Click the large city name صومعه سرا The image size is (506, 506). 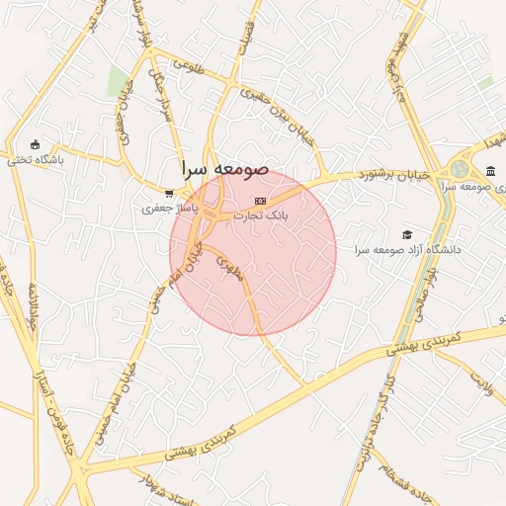[x=224, y=169]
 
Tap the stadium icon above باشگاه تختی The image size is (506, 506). [x=36, y=145]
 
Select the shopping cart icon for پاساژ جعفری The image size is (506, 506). [x=170, y=194]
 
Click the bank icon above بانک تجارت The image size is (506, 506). [x=260, y=201]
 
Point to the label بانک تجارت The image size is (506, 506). [x=260, y=214]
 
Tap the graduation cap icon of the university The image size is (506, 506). [x=407, y=234]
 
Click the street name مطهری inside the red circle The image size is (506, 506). [x=228, y=269]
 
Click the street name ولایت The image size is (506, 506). [x=480, y=381]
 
